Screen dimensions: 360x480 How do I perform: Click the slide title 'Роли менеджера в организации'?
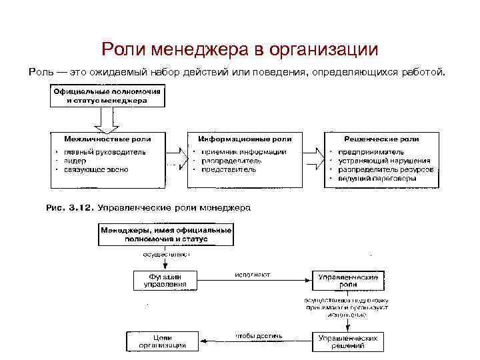pyautogui.click(x=240, y=49)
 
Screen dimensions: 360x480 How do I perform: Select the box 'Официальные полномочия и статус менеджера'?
pyautogui.click(x=107, y=96)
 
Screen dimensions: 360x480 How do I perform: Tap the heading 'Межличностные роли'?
pyautogui.click(x=107, y=139)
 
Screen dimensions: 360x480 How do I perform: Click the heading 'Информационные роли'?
pyautogui.click(x=245, y=139)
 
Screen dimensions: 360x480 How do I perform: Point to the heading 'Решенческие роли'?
pyautogui.click(x=381, y=139)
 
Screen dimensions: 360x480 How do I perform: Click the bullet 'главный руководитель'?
pyautogui.click(x=104, y=151)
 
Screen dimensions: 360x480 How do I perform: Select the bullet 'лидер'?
pyautogui.click(x=75, y=161)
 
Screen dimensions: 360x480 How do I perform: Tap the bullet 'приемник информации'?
pyautogui.click(x=244, y=151)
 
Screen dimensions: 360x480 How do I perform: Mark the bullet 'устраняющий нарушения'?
pyautogui.click(x=383, y=161)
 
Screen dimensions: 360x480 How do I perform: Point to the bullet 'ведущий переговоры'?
pyautogui.click(x=377, y=179)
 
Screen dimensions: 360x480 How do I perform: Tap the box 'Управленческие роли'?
pyautogui.click(x=347, y=280)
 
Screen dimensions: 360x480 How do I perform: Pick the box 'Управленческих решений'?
pyautogui.click(x=347, y=341)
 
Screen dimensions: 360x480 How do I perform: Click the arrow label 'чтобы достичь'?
pyautogui.click(x=259, y=335)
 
